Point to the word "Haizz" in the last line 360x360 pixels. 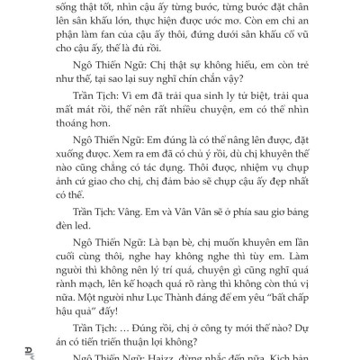[166, 354]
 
